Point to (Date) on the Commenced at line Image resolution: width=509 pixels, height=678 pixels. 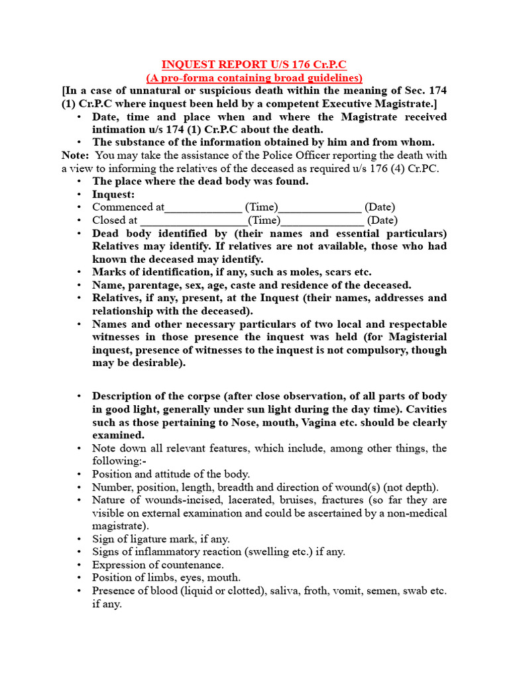(x=380, y=207)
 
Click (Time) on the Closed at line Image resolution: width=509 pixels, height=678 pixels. (x=264, y=220)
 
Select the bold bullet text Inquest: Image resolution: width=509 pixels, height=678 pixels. (x=113, y=194)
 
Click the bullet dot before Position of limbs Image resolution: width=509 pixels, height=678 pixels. (x=79, y=578)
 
